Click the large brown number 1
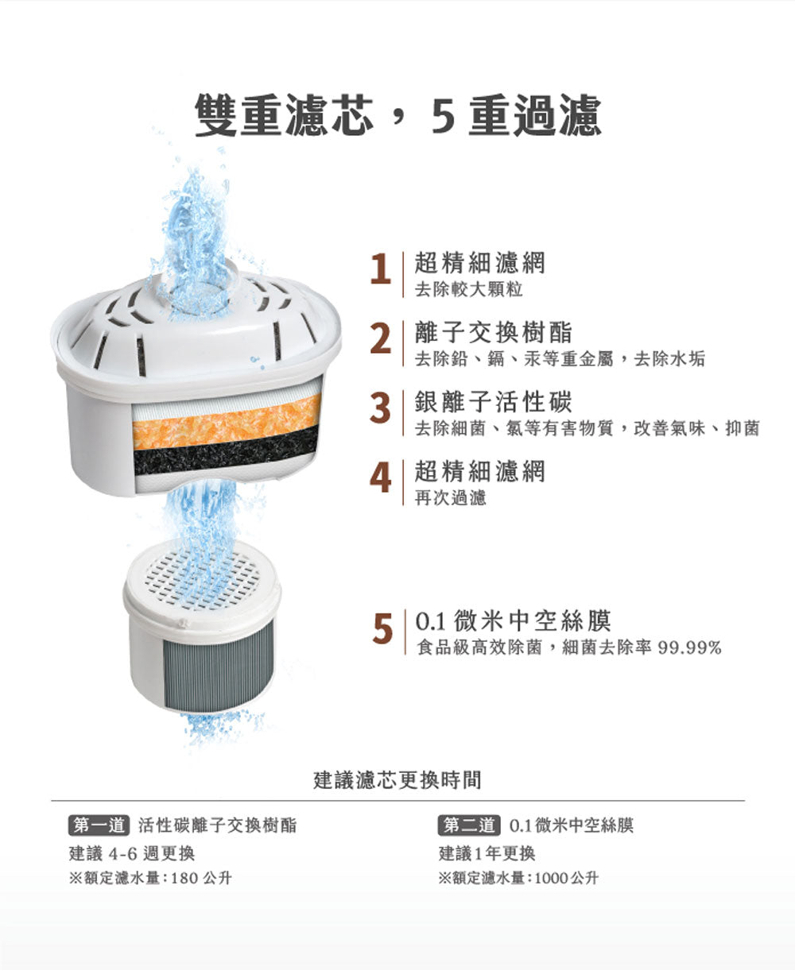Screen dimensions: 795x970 click(381, 269)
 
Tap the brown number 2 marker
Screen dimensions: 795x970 click(381, 338)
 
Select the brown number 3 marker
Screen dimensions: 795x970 click(380, 408)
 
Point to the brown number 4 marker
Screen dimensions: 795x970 click(381, 477)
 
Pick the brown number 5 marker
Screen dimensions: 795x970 click(382, 628)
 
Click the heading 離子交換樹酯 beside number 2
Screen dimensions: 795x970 click(493, 332)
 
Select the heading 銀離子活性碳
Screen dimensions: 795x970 click(493, 401)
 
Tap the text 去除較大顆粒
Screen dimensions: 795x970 click(468, 289)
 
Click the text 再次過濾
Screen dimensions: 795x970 click(450, 497)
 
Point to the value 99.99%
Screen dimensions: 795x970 click(689, 648)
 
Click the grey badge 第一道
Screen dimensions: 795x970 click(99, 825)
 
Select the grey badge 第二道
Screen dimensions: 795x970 click(469, 825)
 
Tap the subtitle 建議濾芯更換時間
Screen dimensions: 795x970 click(397, 780)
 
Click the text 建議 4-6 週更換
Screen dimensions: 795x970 click(132, 854)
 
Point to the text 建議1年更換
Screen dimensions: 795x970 click(487, 854)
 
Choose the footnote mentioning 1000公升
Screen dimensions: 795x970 click(518, 878)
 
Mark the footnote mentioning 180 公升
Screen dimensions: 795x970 click(150, 878)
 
